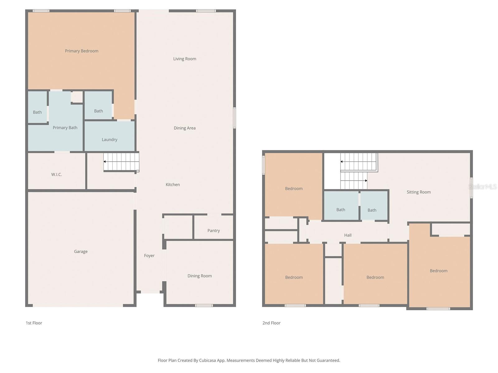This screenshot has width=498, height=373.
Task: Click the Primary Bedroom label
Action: [82, 51]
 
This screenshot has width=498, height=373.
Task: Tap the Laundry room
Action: [110, 140]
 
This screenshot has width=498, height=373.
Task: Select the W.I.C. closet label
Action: [57, 174]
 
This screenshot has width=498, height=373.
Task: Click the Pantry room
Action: [214, 230]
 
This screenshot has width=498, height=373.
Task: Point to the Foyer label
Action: [149, 256]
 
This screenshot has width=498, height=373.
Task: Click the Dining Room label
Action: [200, 276]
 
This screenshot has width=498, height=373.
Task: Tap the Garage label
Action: [81, 251]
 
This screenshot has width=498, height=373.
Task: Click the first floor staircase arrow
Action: [105, 162]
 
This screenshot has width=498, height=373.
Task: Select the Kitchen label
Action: [173, 185]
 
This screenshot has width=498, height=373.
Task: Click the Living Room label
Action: [185, 59]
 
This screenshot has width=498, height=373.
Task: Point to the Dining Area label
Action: [185, 128]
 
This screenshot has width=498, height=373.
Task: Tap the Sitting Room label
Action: [419, 192]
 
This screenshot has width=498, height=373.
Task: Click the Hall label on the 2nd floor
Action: [348, 235]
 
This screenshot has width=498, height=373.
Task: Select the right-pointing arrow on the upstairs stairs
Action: [366, 181]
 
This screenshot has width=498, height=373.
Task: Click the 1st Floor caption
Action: [34, 323]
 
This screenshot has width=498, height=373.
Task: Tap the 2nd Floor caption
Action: [271, 323]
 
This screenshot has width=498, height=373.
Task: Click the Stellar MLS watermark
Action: [482, 186]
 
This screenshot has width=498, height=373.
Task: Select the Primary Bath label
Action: [65, 128]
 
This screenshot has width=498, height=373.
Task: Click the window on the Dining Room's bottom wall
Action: [204, 306]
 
